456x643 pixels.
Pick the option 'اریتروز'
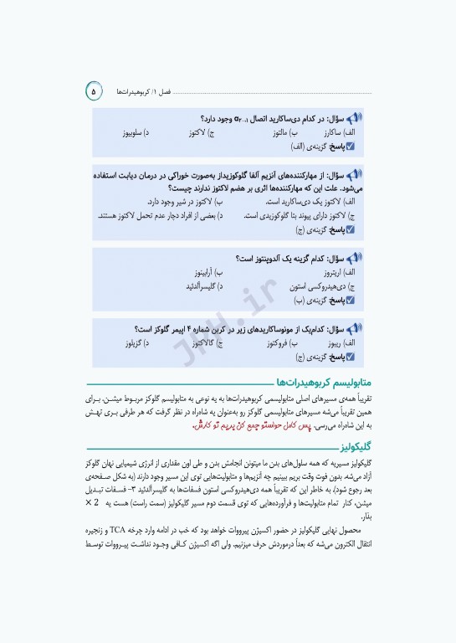[x=338, y=273]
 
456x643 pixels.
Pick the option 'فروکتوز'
[x=278, y=343]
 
